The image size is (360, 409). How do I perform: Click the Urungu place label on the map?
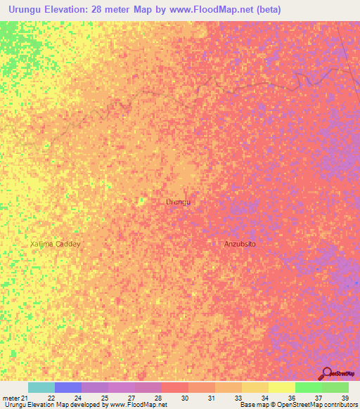[x=178, y=202]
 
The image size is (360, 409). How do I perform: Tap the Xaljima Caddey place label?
[x=56, y=244]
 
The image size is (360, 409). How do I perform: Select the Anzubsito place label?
[x=240, y=244]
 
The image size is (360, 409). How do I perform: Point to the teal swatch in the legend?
[x=41, y=387]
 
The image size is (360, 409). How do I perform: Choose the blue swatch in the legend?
[x=68, y=387]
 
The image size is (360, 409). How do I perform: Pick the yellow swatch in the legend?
[x=281, y=387]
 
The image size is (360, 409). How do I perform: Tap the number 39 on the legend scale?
[x=345, y=398]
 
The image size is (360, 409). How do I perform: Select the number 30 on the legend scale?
[x=184, y=398]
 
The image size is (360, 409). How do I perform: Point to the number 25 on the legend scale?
[x=104, y=398]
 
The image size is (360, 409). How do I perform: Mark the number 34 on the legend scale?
[x=264, y=398]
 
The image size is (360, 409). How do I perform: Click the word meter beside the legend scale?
[x=11, y=398]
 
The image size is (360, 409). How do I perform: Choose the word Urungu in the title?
[x=25, y=10]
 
